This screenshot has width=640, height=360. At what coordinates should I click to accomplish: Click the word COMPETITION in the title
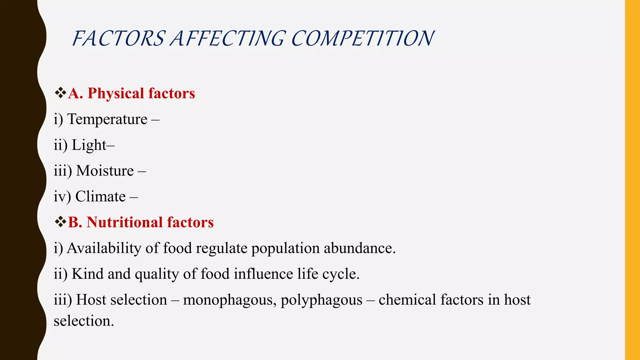362,39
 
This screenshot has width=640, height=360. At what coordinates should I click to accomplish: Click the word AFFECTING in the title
227,39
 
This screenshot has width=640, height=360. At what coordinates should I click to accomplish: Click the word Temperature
107,119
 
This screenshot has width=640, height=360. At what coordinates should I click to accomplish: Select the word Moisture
105,171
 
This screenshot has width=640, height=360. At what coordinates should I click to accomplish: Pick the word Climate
100,197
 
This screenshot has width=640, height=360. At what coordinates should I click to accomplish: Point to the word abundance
359,248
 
